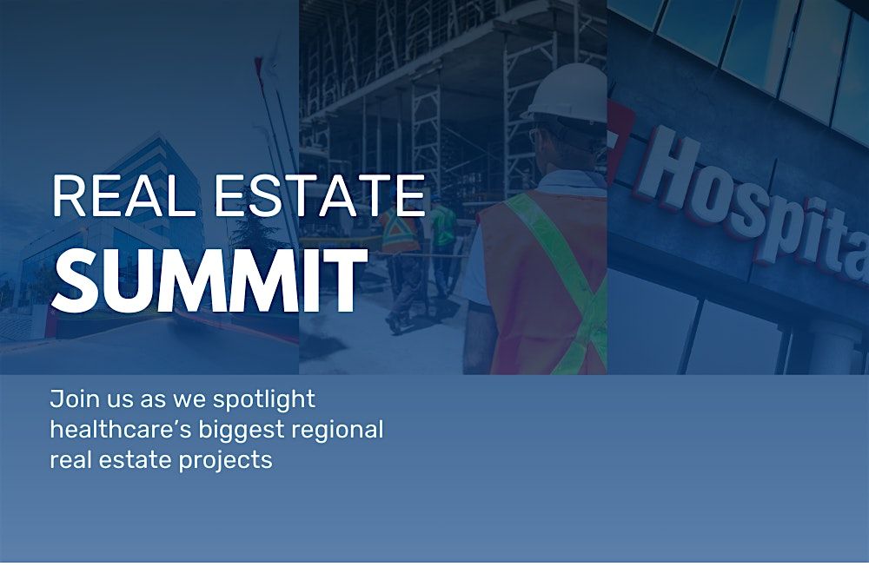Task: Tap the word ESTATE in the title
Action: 321,195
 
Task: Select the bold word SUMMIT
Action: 209,280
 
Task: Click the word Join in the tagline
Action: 70,399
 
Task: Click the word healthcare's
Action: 120,430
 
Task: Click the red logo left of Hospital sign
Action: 620,142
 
